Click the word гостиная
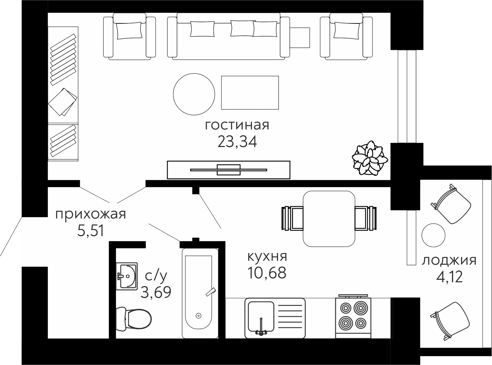[237, 126]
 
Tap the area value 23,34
[237, 142]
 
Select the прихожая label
[90, 215]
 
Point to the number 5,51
[90, 231]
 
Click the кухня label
[267, 256]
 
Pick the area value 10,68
[267, 273]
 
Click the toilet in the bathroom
[134, 319]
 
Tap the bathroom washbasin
[127, 276]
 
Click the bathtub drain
[198, 316]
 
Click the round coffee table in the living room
[194, 94]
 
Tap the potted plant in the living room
[370, 158]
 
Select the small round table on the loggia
[433, 235]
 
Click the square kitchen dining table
[329, 219]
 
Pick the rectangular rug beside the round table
[250, 93]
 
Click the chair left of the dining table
[292, 218]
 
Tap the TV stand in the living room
[229, 170]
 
